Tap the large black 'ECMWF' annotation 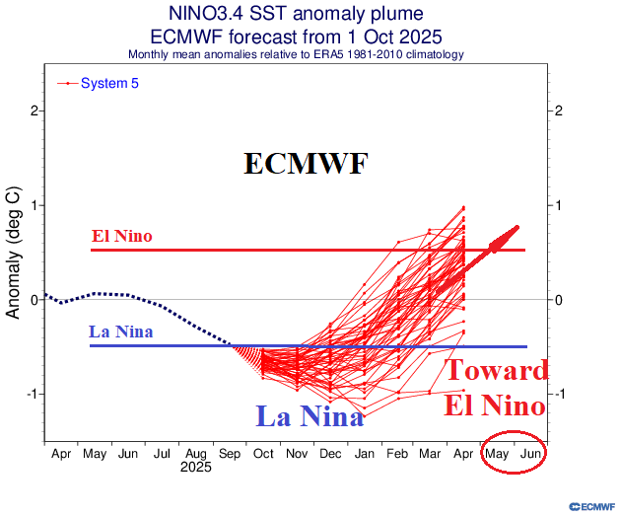(306, 164)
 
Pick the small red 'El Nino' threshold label (121, 237)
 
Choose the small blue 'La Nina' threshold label (120, 332)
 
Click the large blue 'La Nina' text (310, 416)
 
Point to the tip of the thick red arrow (518, 227)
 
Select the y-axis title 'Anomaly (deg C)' (14, 252)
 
